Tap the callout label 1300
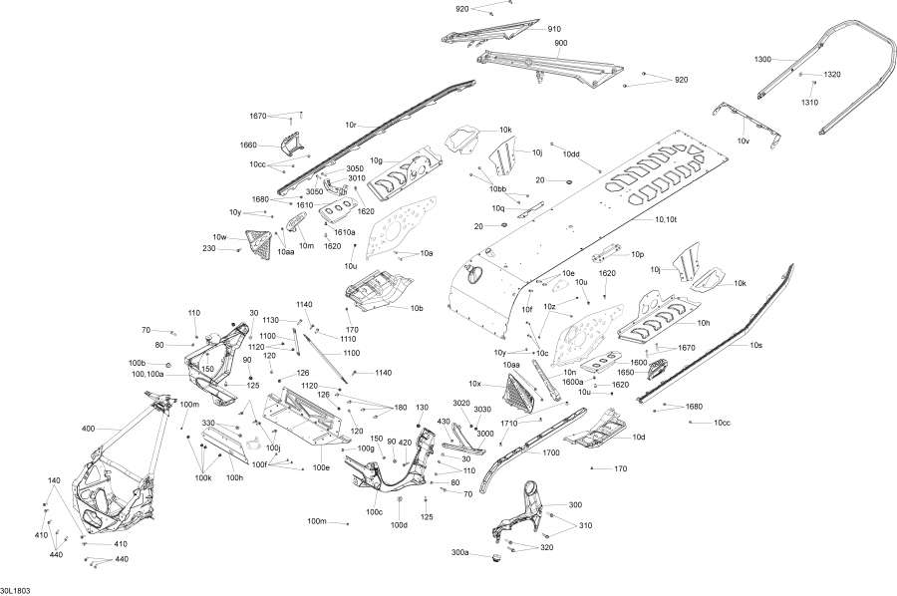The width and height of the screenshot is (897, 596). point(762,60)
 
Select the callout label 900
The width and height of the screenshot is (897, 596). point(561,44)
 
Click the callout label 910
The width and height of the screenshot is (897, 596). point(554,29)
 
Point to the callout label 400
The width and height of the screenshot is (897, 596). point(88,429)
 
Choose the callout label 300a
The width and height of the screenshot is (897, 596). point(459,552)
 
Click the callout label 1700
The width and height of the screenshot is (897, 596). point(551,452)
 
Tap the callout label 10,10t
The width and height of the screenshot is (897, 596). point(667,218)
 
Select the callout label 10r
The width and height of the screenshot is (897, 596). point(351,125)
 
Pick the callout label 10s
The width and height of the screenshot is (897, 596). point(755,345)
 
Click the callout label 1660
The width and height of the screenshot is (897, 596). point(247,146)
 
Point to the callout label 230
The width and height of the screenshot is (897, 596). point(209,248)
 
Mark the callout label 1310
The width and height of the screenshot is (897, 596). point(809,103)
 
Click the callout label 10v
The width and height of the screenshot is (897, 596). point(743,142)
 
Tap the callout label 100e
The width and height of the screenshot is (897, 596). point(321,466)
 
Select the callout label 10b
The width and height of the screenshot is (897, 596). point(417,309)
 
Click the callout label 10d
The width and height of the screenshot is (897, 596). point(638,437)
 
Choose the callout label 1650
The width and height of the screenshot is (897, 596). point(625,373)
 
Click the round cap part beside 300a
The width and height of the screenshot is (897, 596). point(491,555)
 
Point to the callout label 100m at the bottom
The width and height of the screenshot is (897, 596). point(317,521)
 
